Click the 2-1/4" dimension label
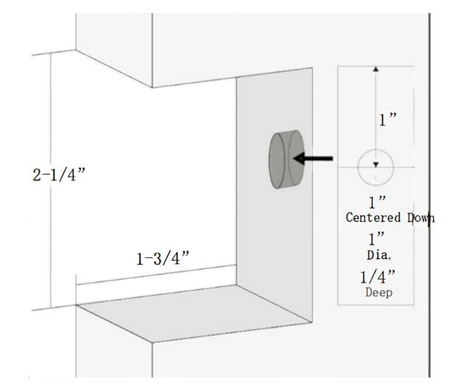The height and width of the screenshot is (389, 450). [59, 175]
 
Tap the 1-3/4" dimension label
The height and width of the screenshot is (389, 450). [162, 258]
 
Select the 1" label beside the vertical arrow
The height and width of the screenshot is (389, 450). [387, 120]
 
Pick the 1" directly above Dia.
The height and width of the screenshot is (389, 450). [377, 238]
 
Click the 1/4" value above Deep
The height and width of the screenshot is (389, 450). [377, 276]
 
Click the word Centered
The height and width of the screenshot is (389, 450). [373, 218]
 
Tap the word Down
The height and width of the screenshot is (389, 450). [421, 218]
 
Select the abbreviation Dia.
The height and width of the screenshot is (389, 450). [379, 255]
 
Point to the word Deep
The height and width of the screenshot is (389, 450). [379, 292]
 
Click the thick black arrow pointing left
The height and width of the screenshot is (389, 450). [313, 158]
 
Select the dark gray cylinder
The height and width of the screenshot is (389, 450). [286, 159]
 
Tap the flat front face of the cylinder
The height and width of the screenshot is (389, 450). [277, 161]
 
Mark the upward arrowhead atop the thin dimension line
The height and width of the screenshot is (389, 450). [375, 69]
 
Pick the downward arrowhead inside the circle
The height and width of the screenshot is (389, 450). [375, 164]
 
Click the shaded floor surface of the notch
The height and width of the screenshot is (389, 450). [195, 313]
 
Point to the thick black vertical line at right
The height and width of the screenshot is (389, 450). [429, 195]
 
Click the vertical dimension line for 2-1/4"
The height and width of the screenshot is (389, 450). [51, 180]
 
